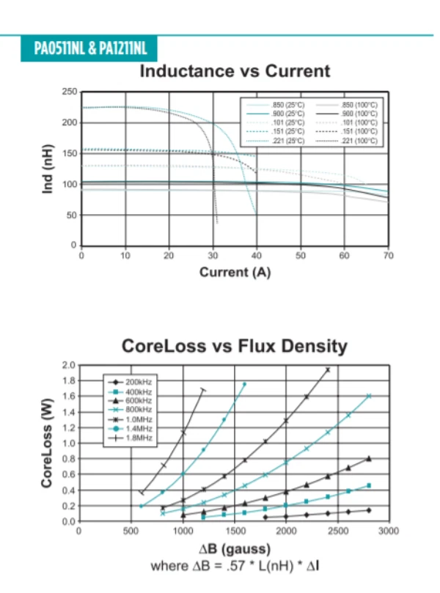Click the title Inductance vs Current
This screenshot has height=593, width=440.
pos(234,71)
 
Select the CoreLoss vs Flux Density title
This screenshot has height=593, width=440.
pos(234,346)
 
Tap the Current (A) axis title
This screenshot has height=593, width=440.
pos(235,273)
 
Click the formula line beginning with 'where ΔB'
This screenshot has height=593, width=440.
pos(234,566)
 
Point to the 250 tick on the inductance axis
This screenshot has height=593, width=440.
pos(70,91)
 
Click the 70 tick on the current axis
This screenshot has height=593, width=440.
pos(389,255)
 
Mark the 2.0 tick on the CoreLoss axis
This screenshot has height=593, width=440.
pos(68,365)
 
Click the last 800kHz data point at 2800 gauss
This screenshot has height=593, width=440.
pos(369,396)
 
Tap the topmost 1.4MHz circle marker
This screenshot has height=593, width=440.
pos(245,384)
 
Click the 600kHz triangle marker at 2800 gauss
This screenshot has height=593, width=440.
pos(369,459)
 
